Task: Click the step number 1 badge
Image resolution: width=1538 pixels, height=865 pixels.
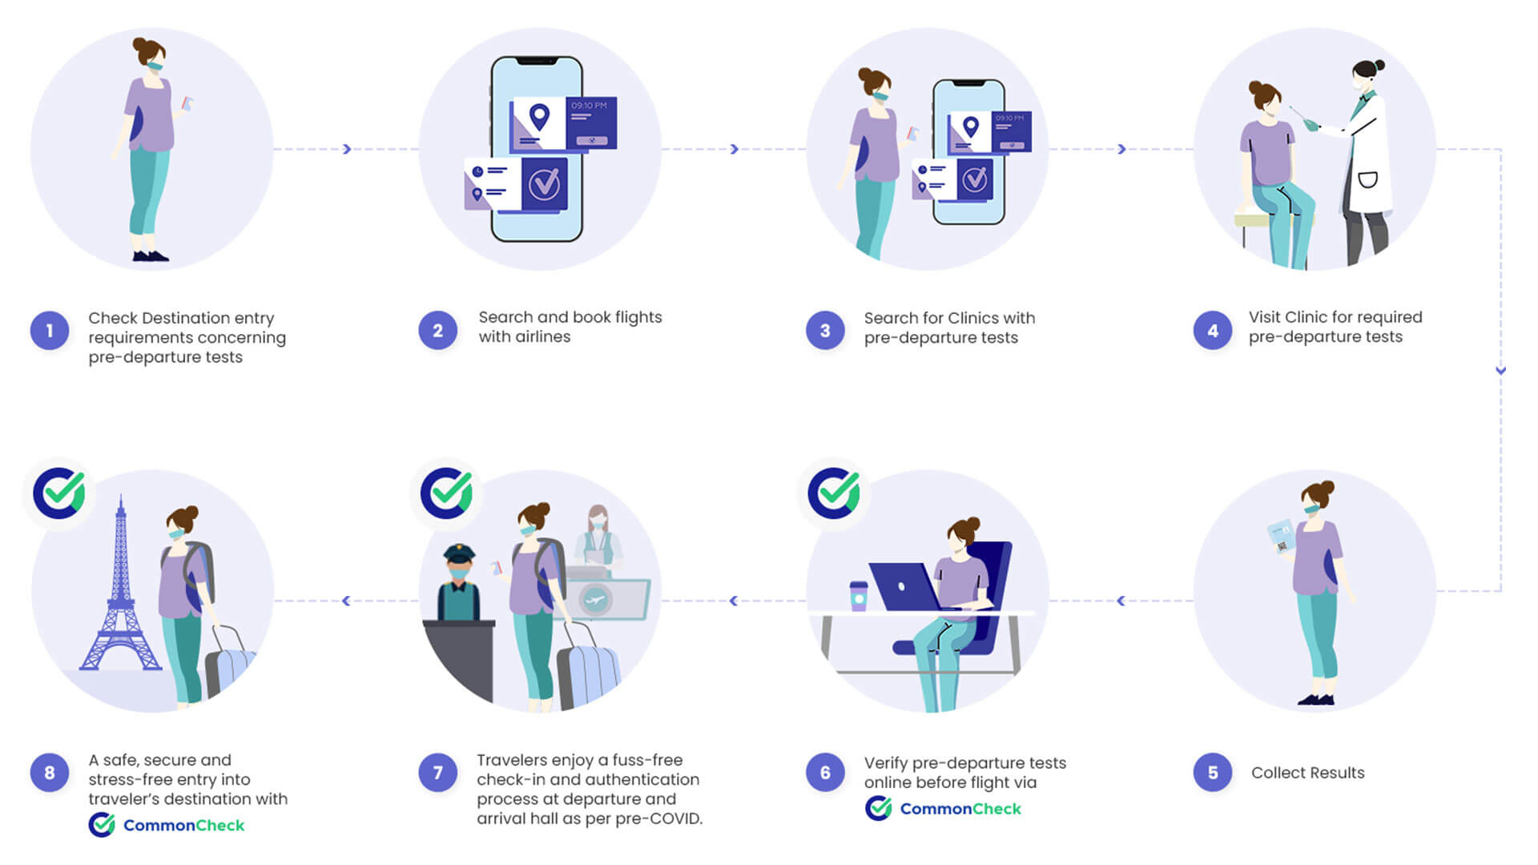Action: click(x=50, y=331)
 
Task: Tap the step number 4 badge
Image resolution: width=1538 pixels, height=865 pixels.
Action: click(x=1213, y=331)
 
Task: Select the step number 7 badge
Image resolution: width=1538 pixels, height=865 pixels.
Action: click(x=437, y=773)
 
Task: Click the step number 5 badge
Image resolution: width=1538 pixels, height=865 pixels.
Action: click(x=1213, y=773)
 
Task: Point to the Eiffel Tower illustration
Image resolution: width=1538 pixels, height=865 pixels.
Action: click(x=120, y=593)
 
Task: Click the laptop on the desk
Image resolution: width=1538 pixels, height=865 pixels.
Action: click(x=905, y=587)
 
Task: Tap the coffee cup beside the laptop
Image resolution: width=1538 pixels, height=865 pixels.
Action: click(x=859, y=597)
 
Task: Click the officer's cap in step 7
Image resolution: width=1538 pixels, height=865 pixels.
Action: click(x=459, y=553)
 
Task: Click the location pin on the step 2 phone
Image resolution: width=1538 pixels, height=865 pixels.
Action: click(x=539, y=117)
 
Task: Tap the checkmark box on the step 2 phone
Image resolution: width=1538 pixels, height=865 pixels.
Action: click(x=545, y=184)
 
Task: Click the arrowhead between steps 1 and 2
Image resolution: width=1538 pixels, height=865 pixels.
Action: click(x=347, y=149)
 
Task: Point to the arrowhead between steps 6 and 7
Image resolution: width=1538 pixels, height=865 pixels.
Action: click(x=734, y=601)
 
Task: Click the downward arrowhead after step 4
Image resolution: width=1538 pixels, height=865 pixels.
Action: click(x=1500, y=370)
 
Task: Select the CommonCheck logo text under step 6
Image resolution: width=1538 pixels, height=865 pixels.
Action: click(x=960, y=809)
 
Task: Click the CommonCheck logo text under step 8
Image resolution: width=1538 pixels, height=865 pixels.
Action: click(x=183, y=826)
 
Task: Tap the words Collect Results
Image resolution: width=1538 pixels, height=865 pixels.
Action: click(x=1307, y=773)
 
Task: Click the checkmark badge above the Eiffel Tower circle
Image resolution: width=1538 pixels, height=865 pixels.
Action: click(x=59, y=493)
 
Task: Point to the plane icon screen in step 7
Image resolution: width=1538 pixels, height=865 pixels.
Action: click(x=596, y=599)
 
